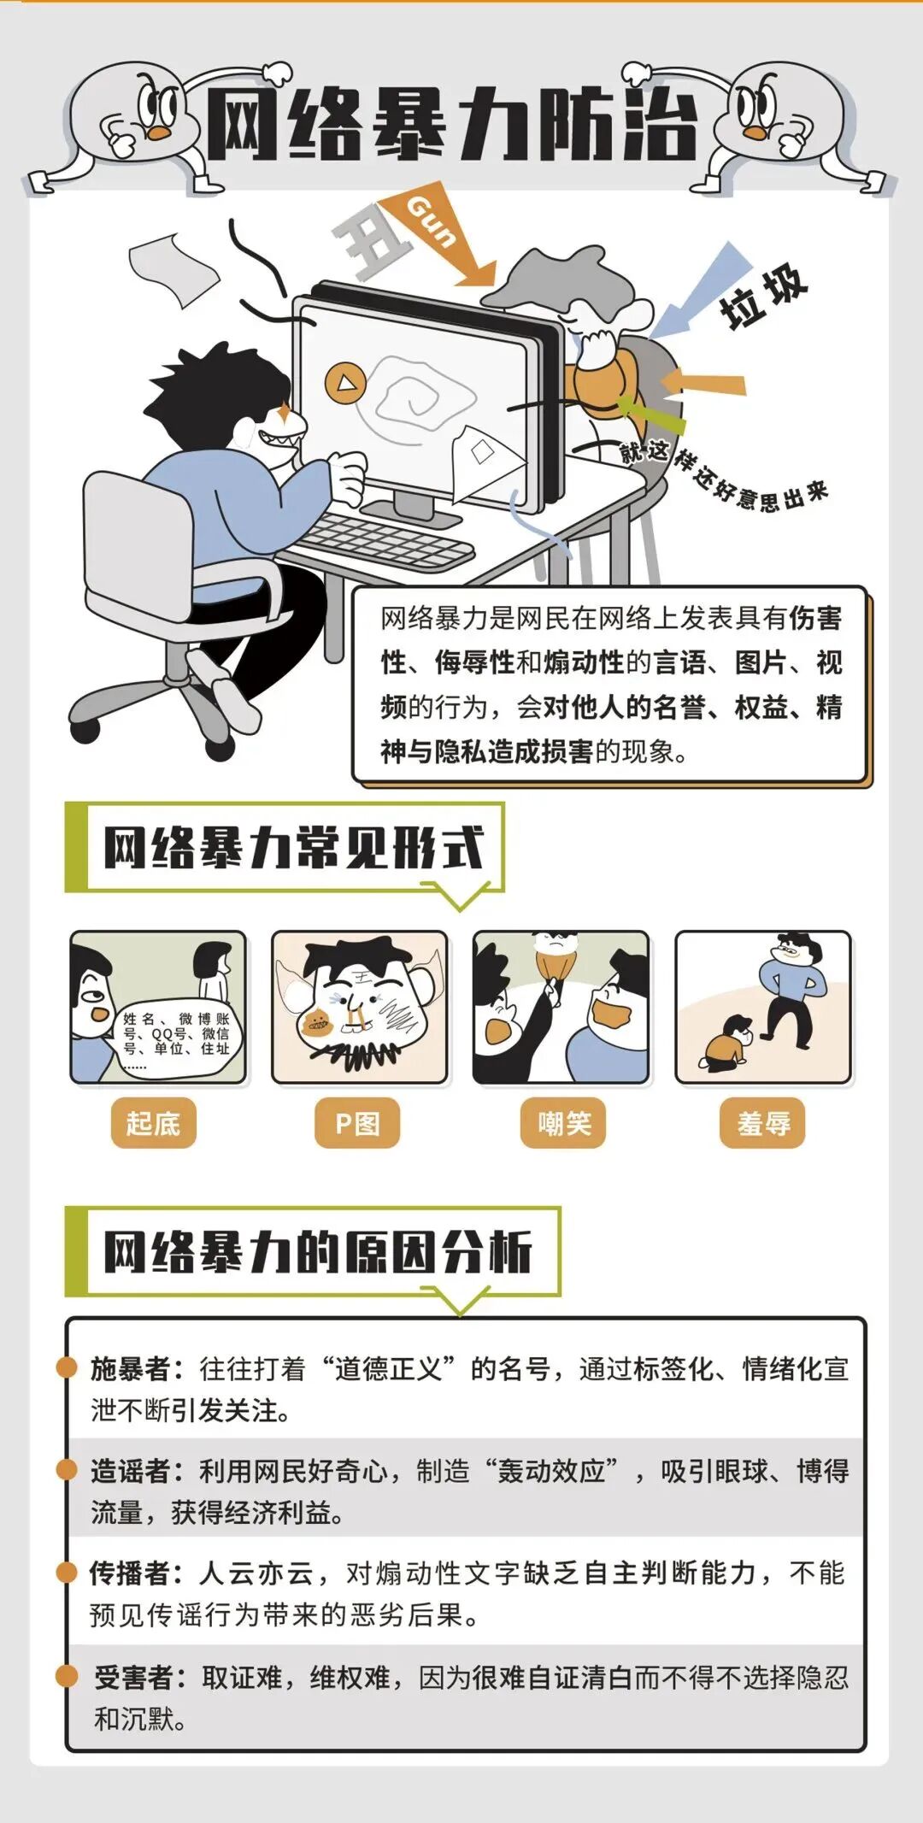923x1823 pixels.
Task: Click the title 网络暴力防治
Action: coord(453,126)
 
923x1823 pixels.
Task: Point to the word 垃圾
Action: coord(763,296)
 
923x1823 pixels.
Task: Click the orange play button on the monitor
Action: coord(345,382)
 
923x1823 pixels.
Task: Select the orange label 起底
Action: coord(154,1122)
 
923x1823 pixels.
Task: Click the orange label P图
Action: coord(357,1122)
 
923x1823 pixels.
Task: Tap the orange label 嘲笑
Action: coord(563,1122)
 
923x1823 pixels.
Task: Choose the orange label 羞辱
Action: coord(763,1122)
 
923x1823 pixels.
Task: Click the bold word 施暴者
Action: coord(131,1368)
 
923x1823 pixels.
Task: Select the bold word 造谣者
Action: coord(131,1471)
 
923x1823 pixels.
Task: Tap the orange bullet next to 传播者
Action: coord(67,1571)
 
